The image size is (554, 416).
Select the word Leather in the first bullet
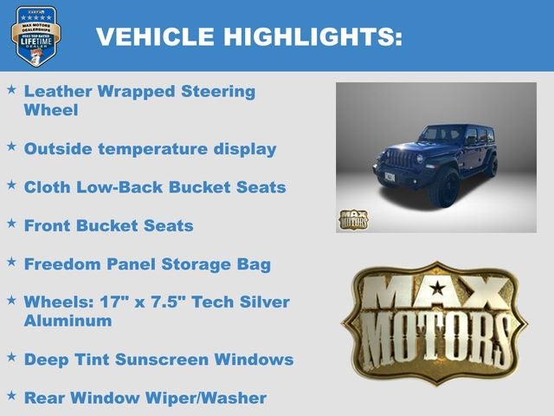(56, 91)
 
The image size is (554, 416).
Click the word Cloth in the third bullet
(47, 187)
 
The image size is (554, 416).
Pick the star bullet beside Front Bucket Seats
(11, 224)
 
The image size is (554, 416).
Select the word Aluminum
(68, 321)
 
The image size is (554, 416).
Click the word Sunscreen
(174, 360)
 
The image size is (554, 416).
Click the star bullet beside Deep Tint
(11, 357)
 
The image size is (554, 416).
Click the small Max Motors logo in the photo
(353, 218)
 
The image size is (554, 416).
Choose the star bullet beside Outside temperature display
(11, 147)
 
